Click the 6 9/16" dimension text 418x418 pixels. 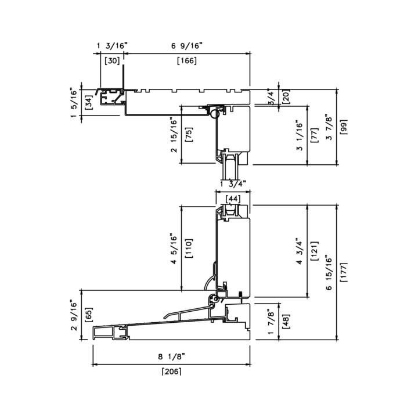click(x=187, y=46)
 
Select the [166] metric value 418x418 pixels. click(x=187, y=61)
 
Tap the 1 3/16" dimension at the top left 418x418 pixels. click(x=112, y=46)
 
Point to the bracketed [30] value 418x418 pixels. click(x=112, y=61)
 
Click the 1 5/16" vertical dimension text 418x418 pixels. click(x=74, y=103)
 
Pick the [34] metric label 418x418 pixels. click(x=89, y=103)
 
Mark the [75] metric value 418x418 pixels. click(x=189, y=135)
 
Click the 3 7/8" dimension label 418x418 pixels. click(x=329, y=127)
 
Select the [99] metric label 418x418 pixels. click(x=344, y=127)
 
